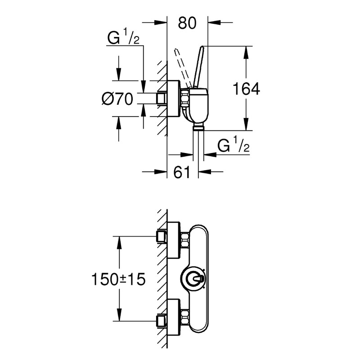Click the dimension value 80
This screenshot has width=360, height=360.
187,23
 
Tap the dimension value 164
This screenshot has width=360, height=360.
246,89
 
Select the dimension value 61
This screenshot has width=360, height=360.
182,172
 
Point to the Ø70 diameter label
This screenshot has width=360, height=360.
117,99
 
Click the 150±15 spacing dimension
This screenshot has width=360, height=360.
118,279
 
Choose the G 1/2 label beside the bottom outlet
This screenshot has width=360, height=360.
233,144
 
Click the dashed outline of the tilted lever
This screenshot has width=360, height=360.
183,68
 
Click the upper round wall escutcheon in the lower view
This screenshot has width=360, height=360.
173,240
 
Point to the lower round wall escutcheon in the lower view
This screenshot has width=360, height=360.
173,318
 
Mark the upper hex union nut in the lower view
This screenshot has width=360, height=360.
185,240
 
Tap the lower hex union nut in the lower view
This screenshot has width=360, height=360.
185,318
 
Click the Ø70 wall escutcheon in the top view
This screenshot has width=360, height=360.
173,99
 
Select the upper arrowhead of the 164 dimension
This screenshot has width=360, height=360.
246,52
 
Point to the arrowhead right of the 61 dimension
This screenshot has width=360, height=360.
205,171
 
